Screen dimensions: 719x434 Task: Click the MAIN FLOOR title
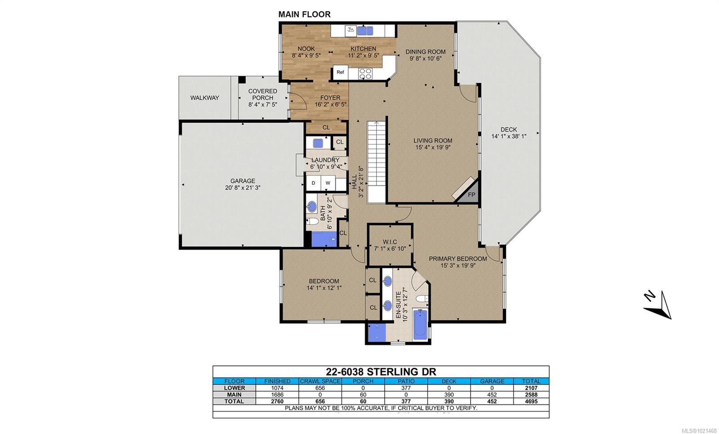pos(304,14)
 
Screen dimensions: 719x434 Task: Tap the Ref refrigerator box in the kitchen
pos(340,72)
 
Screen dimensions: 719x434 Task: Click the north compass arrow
pos(658,306)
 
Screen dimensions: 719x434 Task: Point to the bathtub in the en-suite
pos(420,324)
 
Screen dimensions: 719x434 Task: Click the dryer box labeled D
pos(313,183)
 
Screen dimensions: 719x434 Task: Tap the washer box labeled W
pos(328,183)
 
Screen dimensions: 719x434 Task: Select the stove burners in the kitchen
pos(365,74)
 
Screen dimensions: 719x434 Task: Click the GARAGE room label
pos(243,181)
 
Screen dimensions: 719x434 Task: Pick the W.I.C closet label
pos(390,242)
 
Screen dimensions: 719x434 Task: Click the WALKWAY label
pos(205,98)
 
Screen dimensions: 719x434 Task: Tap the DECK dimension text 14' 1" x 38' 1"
pos(509,136)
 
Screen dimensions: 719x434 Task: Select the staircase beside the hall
pos(377,162)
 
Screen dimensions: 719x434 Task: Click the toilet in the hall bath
pos(312,221)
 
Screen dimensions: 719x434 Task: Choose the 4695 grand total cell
pos(531,401)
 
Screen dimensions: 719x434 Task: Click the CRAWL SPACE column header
pos(320,381)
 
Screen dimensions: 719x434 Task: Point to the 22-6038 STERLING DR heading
pos(381,372)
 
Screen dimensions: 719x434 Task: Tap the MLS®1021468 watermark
pos(701,431)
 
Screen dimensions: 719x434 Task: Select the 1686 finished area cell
pos(277,394)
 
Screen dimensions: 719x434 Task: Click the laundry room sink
pos(318,143)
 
